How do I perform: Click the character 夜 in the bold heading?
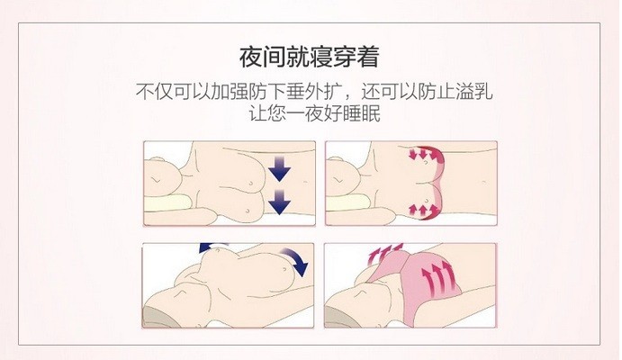click(250, 57)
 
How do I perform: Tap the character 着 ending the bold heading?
click(367, 57)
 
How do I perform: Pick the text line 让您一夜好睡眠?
click(314, 113)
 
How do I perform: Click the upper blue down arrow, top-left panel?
click(280, 168)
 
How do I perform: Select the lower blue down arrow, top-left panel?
click(280, 202)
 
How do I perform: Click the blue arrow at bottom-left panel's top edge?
click(213, 247)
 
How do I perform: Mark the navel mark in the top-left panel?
click(305, 182)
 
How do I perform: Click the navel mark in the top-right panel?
click(483, 182)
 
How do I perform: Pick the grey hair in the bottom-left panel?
click(158, 317)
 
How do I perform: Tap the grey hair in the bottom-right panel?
click(340, 317)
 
